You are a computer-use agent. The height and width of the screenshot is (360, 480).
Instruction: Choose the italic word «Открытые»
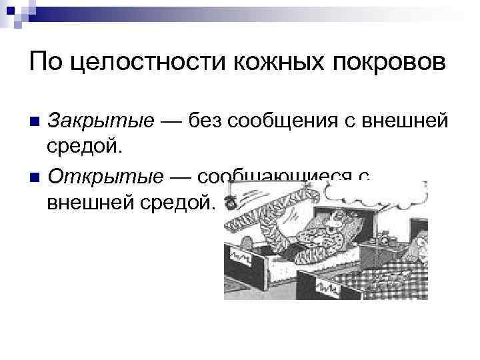click(105, 177)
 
